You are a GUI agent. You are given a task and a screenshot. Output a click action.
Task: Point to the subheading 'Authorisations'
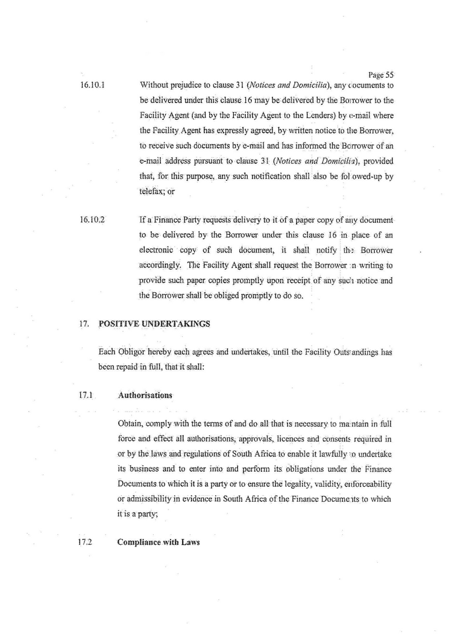[145, 395]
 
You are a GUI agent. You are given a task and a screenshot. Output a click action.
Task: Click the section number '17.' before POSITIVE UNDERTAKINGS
[84, 324]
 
